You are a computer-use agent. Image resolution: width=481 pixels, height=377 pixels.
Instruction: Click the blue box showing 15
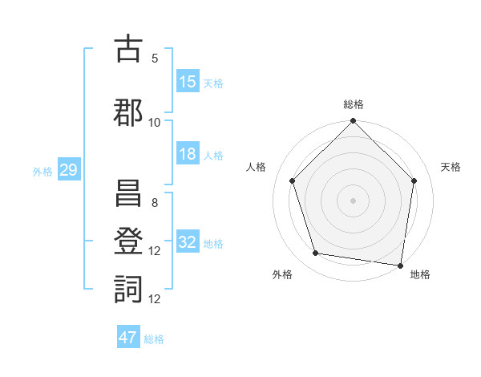coord(187,82)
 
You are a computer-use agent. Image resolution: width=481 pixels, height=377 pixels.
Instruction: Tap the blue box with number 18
coord(187,154)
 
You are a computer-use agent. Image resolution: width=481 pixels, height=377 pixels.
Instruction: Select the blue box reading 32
coord(187,242)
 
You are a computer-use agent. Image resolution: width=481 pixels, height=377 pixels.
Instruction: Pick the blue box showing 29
coord(68,170)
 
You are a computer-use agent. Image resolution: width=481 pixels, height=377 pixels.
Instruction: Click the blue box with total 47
coord(128,338)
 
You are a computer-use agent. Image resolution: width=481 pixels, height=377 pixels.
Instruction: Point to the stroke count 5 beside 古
coord(155,59)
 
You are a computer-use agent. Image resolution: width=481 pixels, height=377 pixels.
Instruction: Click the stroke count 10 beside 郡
coord(155,123)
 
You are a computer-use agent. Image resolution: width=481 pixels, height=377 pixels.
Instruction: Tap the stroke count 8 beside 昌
coord(155,203)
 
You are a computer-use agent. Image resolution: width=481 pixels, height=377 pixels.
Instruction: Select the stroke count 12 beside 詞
coord(155,299)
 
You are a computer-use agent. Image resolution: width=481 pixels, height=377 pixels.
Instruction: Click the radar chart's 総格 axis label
coord(353,104)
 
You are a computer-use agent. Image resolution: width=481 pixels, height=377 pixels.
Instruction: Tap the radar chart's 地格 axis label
coord(420,274)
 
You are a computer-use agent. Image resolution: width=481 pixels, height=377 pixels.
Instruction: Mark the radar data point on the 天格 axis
coord(414,180)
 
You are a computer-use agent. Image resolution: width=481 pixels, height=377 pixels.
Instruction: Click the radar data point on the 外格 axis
coord(316,253)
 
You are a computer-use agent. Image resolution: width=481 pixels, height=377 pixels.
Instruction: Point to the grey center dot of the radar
coord(353,200)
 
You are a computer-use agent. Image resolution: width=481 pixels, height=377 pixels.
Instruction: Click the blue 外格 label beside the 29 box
coord(42,171)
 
